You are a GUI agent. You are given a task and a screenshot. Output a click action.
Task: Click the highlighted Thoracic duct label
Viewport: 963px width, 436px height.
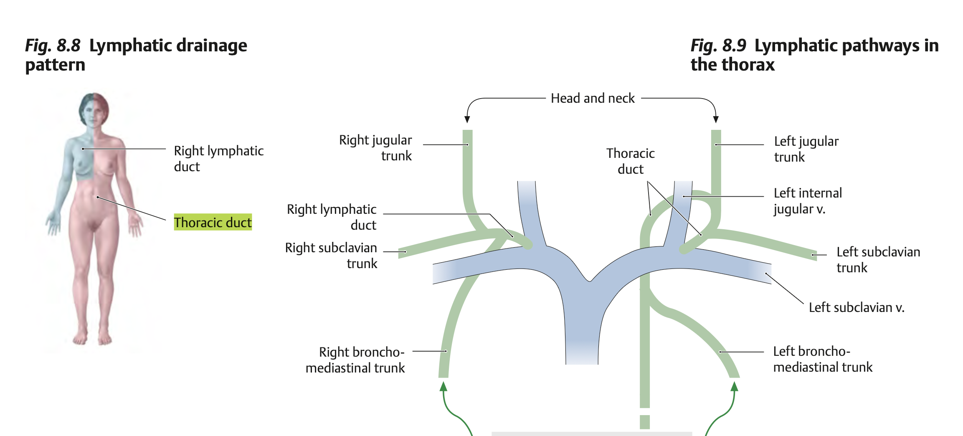click(x=213, y=222)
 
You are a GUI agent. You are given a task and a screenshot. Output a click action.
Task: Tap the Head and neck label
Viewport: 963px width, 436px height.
click(x=592, y=98)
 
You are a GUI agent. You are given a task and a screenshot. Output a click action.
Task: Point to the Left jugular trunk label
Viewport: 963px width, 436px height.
click(x=806, y=149)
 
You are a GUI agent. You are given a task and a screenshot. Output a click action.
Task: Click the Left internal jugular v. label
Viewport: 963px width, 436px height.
click(x=807, y=201)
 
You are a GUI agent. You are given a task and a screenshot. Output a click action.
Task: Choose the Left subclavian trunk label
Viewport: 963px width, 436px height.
click(x=878, y=259)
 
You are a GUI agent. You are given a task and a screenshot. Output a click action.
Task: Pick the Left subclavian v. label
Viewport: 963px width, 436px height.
click(x=856, y=307)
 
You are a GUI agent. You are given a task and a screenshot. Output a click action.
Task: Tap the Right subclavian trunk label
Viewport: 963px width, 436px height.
click(x=331, y=255)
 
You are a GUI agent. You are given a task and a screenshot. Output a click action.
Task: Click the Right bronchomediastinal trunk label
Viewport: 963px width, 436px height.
click(x=355, y=360)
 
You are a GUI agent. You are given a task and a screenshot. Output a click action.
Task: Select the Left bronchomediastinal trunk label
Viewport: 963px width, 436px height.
click(x=822, y=359)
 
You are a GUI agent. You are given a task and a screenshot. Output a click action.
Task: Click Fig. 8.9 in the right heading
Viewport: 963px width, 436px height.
click(x=718, y=46)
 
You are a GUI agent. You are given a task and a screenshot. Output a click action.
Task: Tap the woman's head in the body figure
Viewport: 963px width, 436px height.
click(x=94, y=109)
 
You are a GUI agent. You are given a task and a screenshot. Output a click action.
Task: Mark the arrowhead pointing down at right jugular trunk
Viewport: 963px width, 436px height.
click(x=467, y=119)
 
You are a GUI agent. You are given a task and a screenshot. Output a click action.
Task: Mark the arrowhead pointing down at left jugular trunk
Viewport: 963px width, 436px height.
click(x=716, y=119)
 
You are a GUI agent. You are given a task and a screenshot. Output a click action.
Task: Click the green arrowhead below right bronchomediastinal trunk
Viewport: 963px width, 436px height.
click(x=443, y=386)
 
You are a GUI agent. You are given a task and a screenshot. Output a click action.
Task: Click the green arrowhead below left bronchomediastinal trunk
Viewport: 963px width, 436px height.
click(x=734, y=386)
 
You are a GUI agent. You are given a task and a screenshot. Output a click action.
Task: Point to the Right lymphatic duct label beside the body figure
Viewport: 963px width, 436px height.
click(x=218, y=158)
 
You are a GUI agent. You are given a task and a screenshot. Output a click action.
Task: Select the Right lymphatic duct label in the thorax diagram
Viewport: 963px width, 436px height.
click(x=332, y=217)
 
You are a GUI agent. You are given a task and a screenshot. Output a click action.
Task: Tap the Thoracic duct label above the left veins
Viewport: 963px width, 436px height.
click(x=630, y=161)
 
